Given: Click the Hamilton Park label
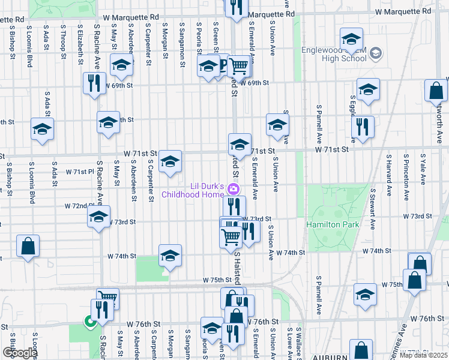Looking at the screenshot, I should pos(327,224).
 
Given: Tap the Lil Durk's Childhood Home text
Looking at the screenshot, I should pos(191,190).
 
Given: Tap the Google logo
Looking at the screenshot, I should pos(19,353).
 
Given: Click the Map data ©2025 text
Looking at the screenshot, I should pos(423,355).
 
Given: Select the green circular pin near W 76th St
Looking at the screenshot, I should pos(90,323).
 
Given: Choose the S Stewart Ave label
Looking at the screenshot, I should pos(373,210).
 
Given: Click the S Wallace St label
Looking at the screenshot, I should pos(298,343).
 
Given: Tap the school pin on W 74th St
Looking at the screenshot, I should pos(170,256).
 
